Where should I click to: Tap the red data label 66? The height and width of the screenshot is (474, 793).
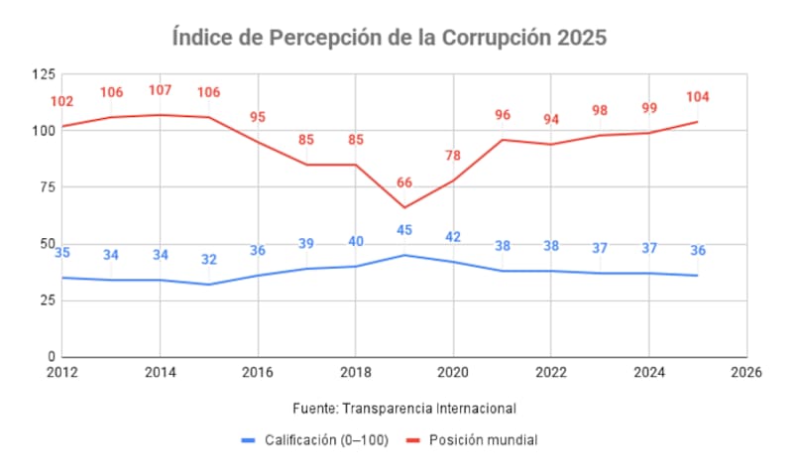coord(404,182)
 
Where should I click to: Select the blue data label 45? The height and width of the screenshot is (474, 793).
coord(404,230)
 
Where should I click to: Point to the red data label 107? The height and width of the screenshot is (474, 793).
coord(160,90)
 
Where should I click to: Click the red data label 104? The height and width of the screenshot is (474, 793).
coord(697,97)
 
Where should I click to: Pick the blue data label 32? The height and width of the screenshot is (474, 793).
coord(208,260)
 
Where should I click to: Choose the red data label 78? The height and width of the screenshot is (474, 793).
coord(453,156)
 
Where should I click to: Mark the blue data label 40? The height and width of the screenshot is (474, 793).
coord(356,241)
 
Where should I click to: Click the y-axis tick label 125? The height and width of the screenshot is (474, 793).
coord(44,74)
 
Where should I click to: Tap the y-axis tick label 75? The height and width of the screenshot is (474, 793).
coord(47,187)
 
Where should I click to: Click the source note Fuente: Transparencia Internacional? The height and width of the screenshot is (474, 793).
coord(404,408)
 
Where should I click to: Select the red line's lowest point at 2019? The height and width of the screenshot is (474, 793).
coord(404,207)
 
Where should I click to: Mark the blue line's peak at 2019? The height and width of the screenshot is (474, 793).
coord(404,255)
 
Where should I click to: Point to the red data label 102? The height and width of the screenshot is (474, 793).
coord(62,101)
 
